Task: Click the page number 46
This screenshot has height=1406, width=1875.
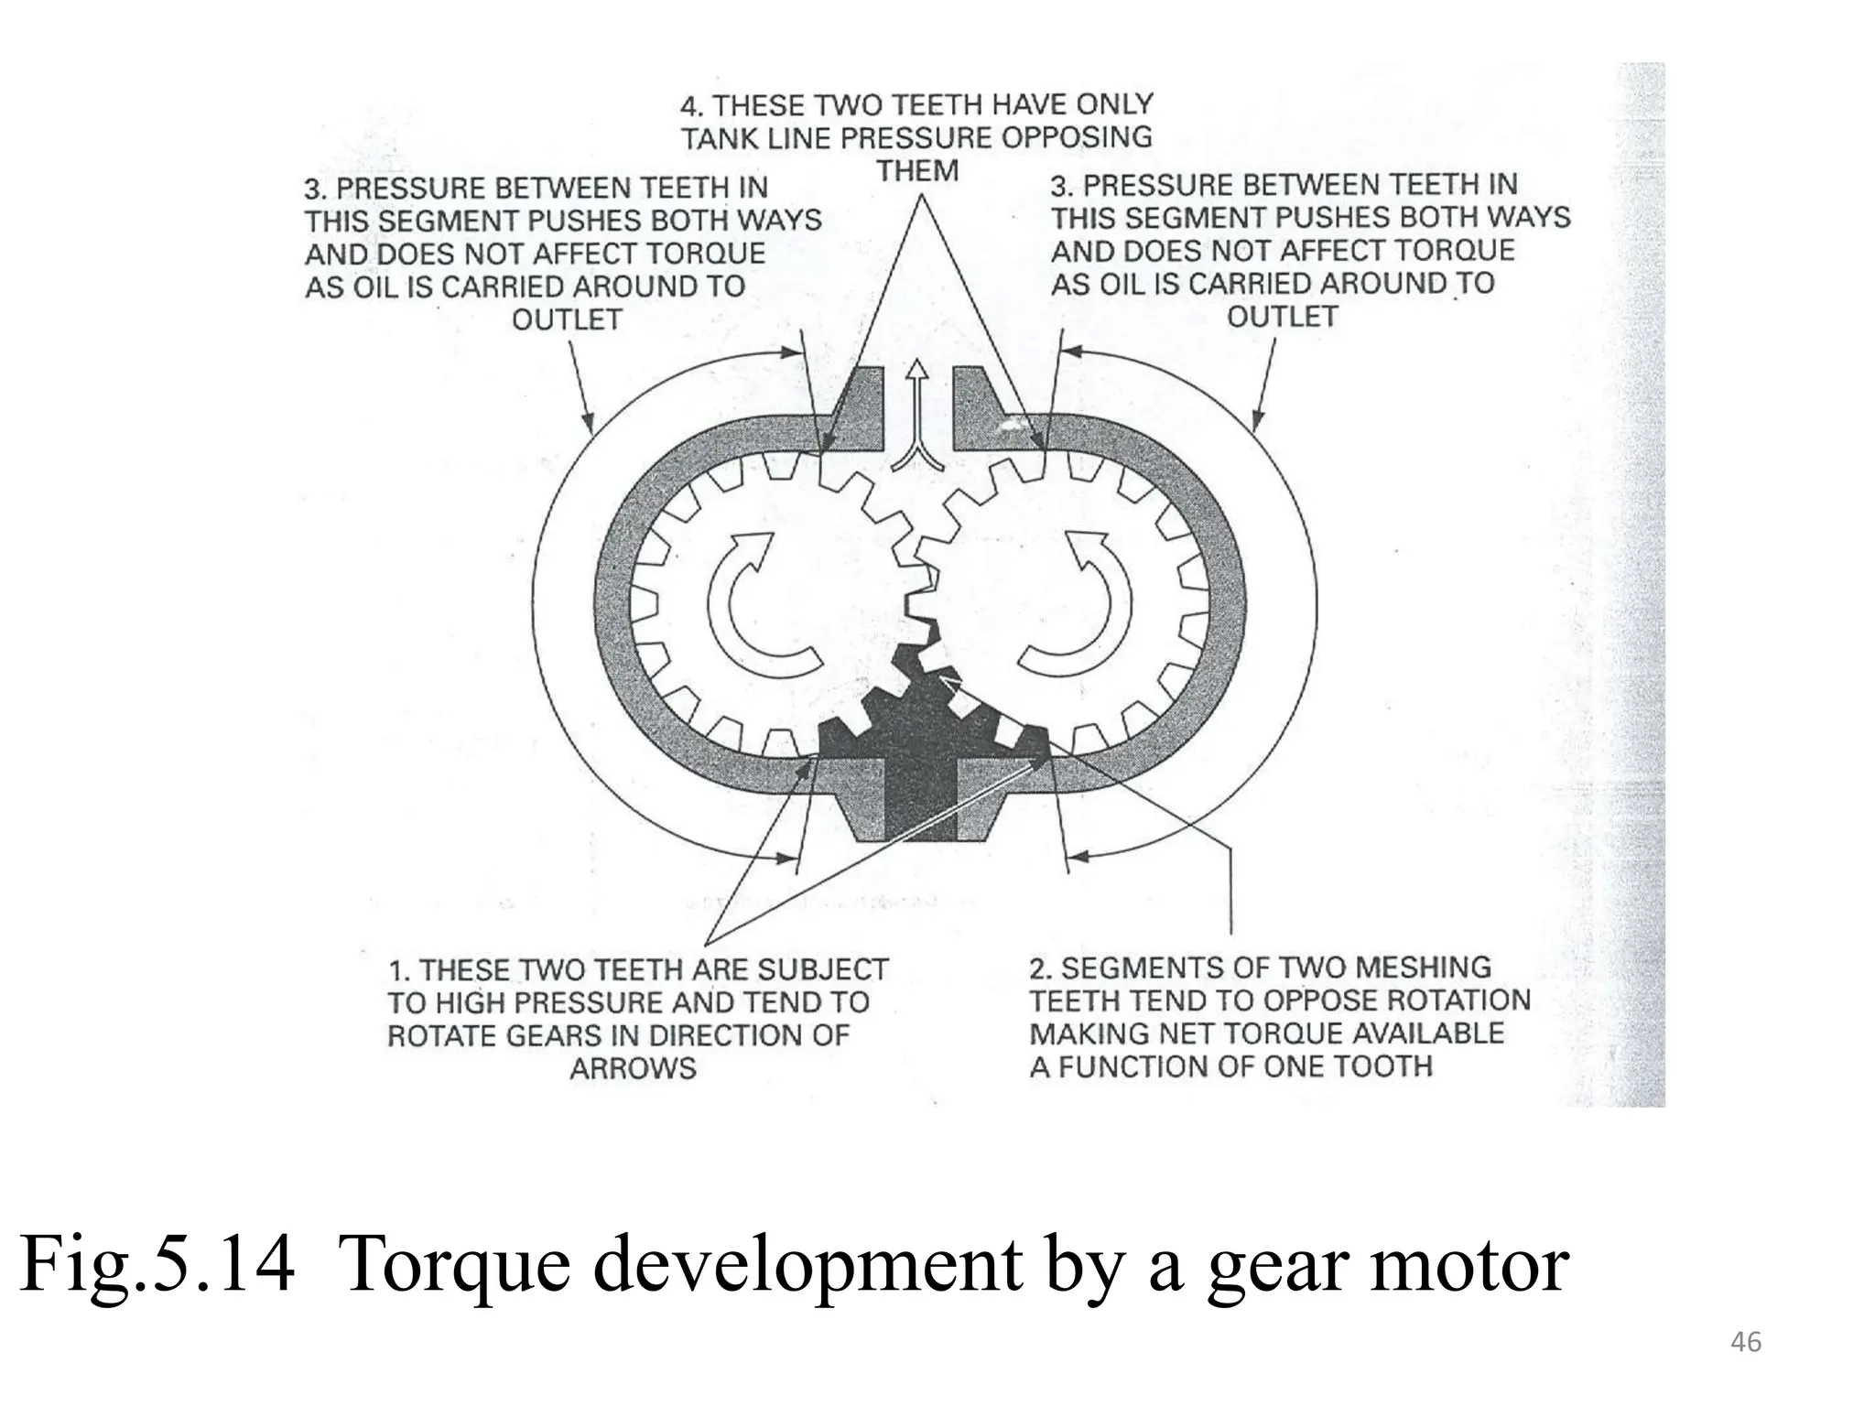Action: tap(1746, 1343)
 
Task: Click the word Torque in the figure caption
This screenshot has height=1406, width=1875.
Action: tap(445, 1266)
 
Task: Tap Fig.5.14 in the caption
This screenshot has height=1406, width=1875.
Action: tap(157, 1266)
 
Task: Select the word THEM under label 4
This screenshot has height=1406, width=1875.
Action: tap(917, 171)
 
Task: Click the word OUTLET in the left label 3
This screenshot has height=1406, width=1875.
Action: tap(567, 320)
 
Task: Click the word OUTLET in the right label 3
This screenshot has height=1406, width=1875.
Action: tap(1282, 318)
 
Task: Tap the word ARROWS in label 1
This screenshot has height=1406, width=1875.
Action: tap(633, 1068)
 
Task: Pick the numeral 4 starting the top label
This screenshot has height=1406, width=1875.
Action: tap(691, 106)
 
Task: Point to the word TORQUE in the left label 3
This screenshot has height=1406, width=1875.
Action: tap(705, 254)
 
